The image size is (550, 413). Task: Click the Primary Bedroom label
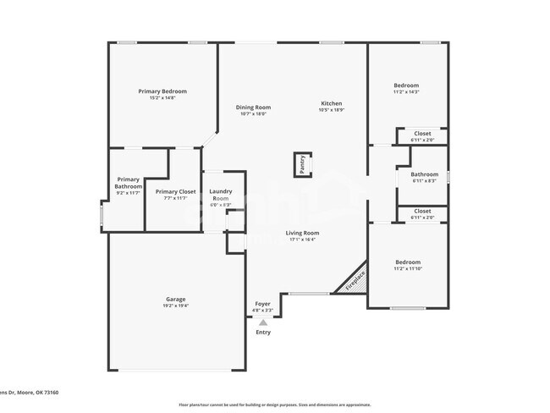tap(162, 91)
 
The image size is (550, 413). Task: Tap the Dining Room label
tap(252, 107)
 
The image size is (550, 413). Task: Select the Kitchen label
tap(331, 102)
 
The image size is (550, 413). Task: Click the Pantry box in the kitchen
tap(301, 164)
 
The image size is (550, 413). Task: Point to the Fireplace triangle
tap(354, 281)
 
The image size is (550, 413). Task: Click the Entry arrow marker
tap(263, 322)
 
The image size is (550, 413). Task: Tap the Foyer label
tap(263, 304)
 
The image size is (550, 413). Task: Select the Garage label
tap(175, 300)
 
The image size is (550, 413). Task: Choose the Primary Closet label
tap(175, 192)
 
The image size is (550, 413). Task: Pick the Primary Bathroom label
tap(129, 183)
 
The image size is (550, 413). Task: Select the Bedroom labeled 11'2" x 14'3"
tap(406, 86)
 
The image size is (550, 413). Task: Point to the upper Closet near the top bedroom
tap(422, 134)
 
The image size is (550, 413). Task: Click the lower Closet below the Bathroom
tap(422, 212)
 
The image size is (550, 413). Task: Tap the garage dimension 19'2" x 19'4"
tap(175, 306)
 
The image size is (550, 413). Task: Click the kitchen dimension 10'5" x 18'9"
tap(331, 110)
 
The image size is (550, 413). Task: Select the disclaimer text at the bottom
tap(275, 405)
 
